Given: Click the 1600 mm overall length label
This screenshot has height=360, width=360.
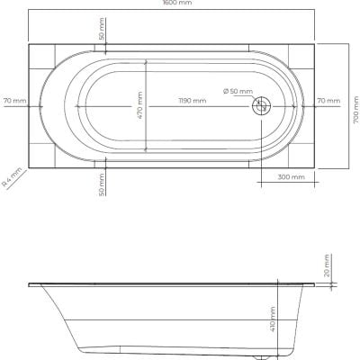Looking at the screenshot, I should click(179, 4).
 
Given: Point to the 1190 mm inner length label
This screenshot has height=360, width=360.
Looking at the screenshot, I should click(190, 101).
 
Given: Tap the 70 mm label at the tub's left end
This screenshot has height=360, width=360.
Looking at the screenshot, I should click(14, 100).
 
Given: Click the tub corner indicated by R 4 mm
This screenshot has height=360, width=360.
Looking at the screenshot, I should click(30, 166).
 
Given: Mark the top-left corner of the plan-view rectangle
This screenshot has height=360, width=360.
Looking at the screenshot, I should click(30, 42).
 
